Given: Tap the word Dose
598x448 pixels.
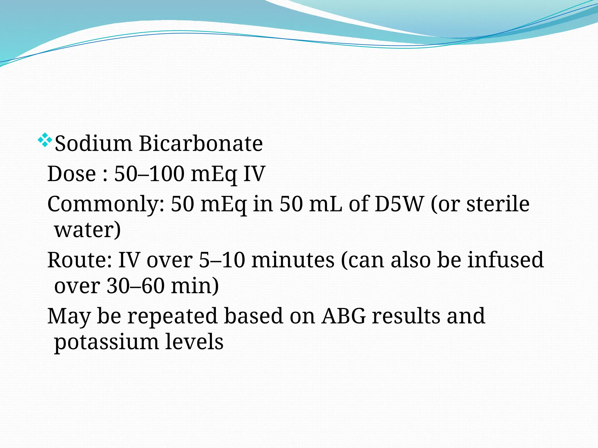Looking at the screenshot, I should (72, 174).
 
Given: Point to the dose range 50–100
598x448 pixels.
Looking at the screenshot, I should (149, 174).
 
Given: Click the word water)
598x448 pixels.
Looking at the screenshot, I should (87, 230).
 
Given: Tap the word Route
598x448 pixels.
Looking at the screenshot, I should (80, 260).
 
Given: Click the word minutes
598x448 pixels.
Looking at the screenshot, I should (293, 260).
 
